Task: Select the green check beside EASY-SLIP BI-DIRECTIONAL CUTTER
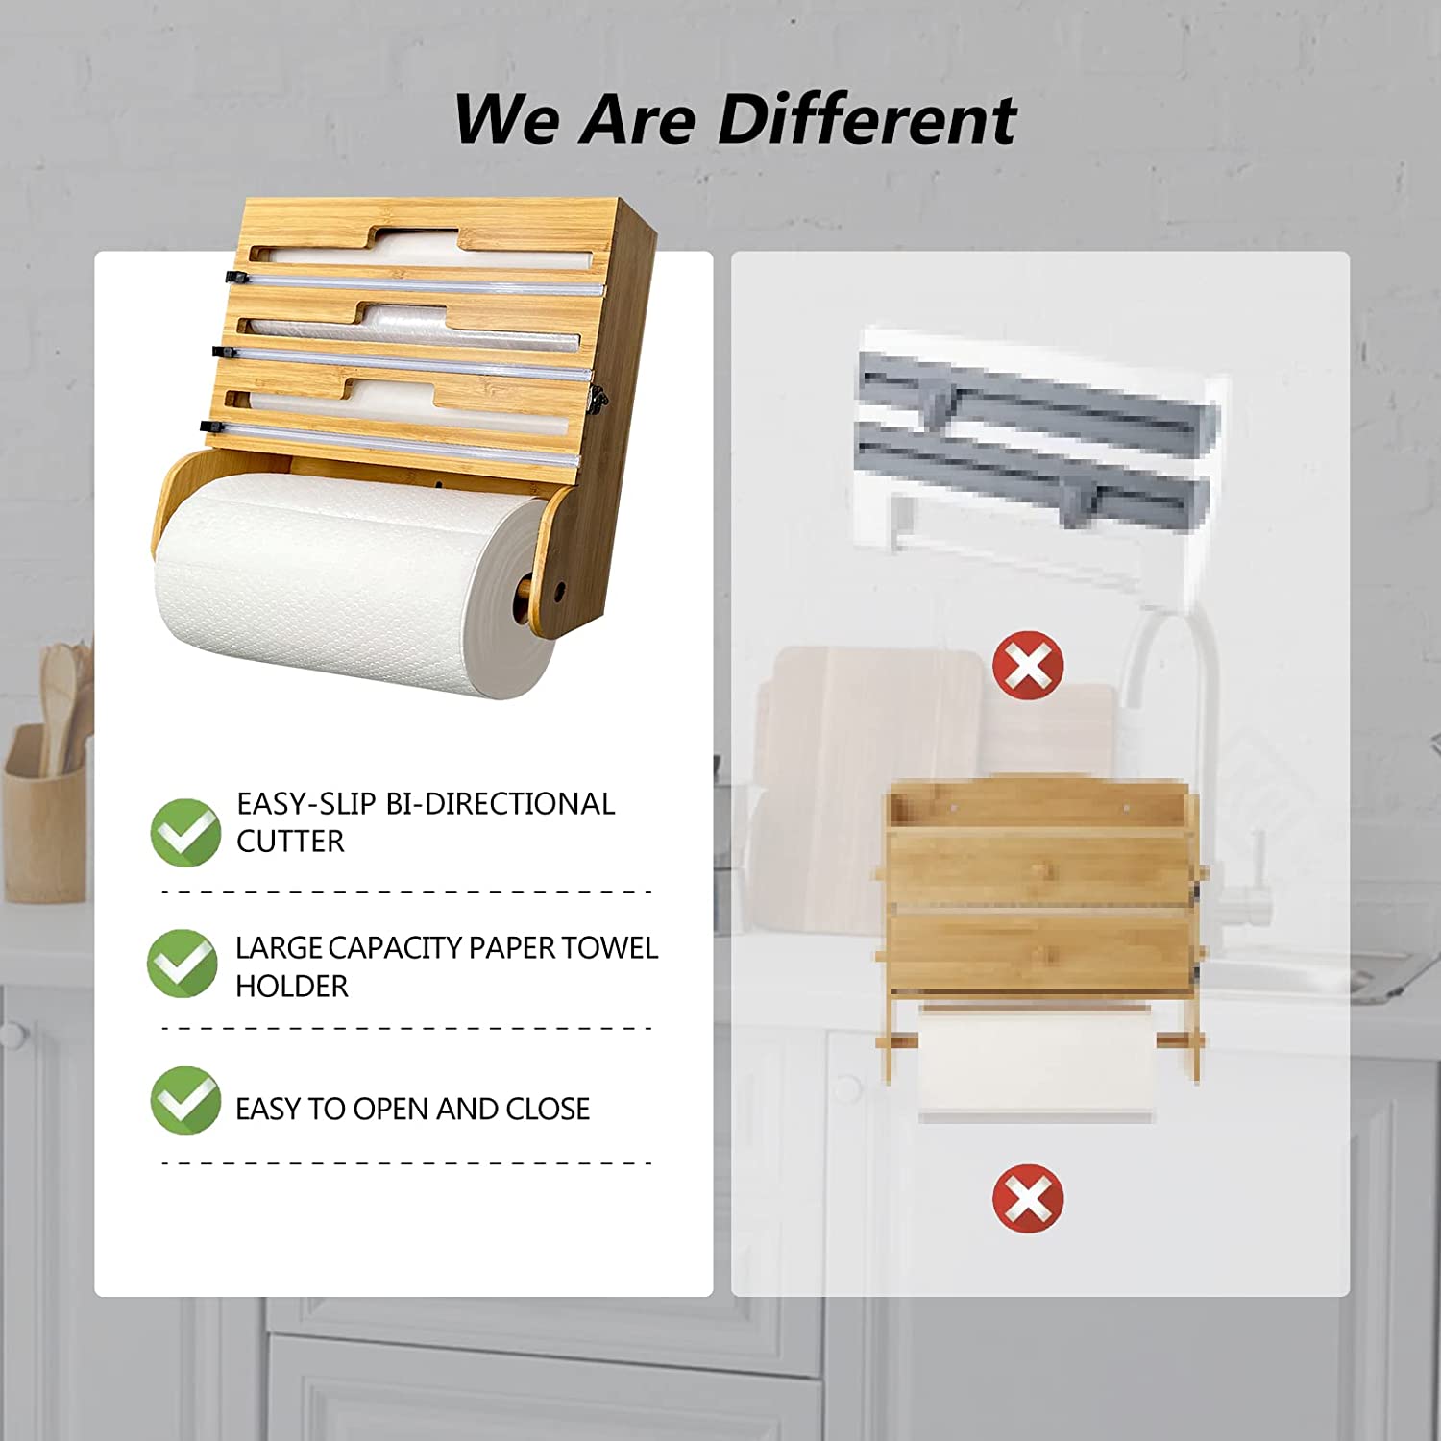point(186,832)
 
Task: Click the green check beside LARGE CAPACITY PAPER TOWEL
point(183,963)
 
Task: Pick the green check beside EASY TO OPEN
point(185,1100)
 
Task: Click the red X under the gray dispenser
point(1028,665)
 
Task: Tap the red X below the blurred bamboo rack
point(1028,1198)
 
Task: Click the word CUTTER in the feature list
point(290,842)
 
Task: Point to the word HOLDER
point(292,987)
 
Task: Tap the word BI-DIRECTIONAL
point(500,803)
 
